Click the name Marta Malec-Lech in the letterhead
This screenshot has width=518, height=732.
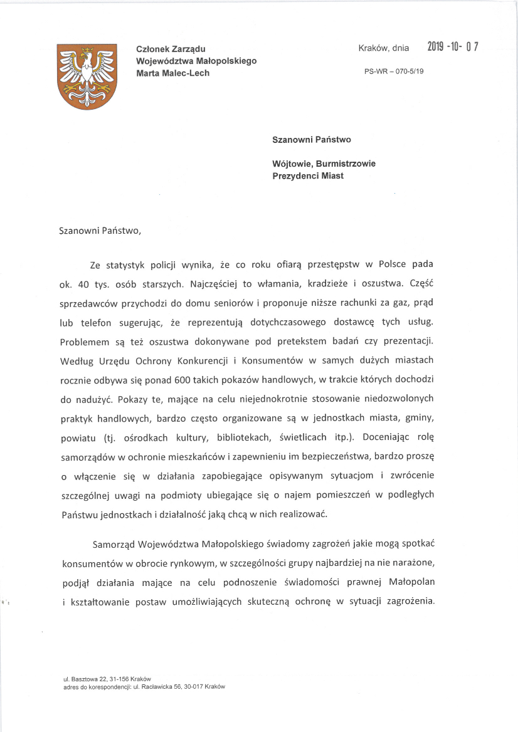click(173, 73)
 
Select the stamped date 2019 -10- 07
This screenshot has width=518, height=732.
click(453, 47)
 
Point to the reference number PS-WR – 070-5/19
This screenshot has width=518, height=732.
click(394, 71)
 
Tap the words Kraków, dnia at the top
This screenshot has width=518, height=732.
click(383, 48)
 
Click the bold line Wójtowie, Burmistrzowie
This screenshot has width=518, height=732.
click(324, 164)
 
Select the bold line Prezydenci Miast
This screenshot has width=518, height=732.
click(308, 176)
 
